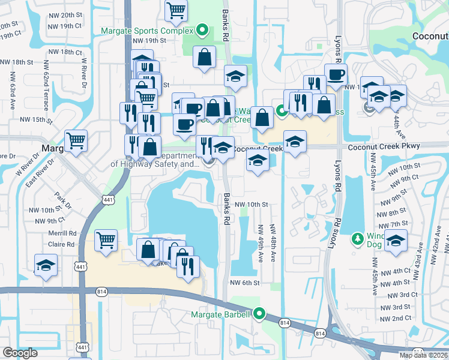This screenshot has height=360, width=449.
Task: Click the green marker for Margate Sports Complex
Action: coord(202,31)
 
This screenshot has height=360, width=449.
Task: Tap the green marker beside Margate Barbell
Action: coord(259,313)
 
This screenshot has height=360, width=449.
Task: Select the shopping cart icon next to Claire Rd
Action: coord(106,240)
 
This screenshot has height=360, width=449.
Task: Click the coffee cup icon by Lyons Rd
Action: coord(336,74)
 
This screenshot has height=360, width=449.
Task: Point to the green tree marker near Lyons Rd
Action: coord(358,239)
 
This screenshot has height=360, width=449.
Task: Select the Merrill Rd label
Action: coord(64,233)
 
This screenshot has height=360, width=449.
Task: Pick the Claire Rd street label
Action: coord(62,244)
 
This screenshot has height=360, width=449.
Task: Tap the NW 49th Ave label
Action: coord(261,243)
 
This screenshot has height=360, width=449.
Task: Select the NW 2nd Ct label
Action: coord(395,317)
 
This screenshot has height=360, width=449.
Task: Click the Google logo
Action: coord(20,353)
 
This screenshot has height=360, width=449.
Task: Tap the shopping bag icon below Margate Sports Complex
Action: coord(204,58)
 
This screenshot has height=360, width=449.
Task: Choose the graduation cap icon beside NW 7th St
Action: coord(396,241)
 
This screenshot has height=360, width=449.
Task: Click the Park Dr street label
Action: coord(62,200)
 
